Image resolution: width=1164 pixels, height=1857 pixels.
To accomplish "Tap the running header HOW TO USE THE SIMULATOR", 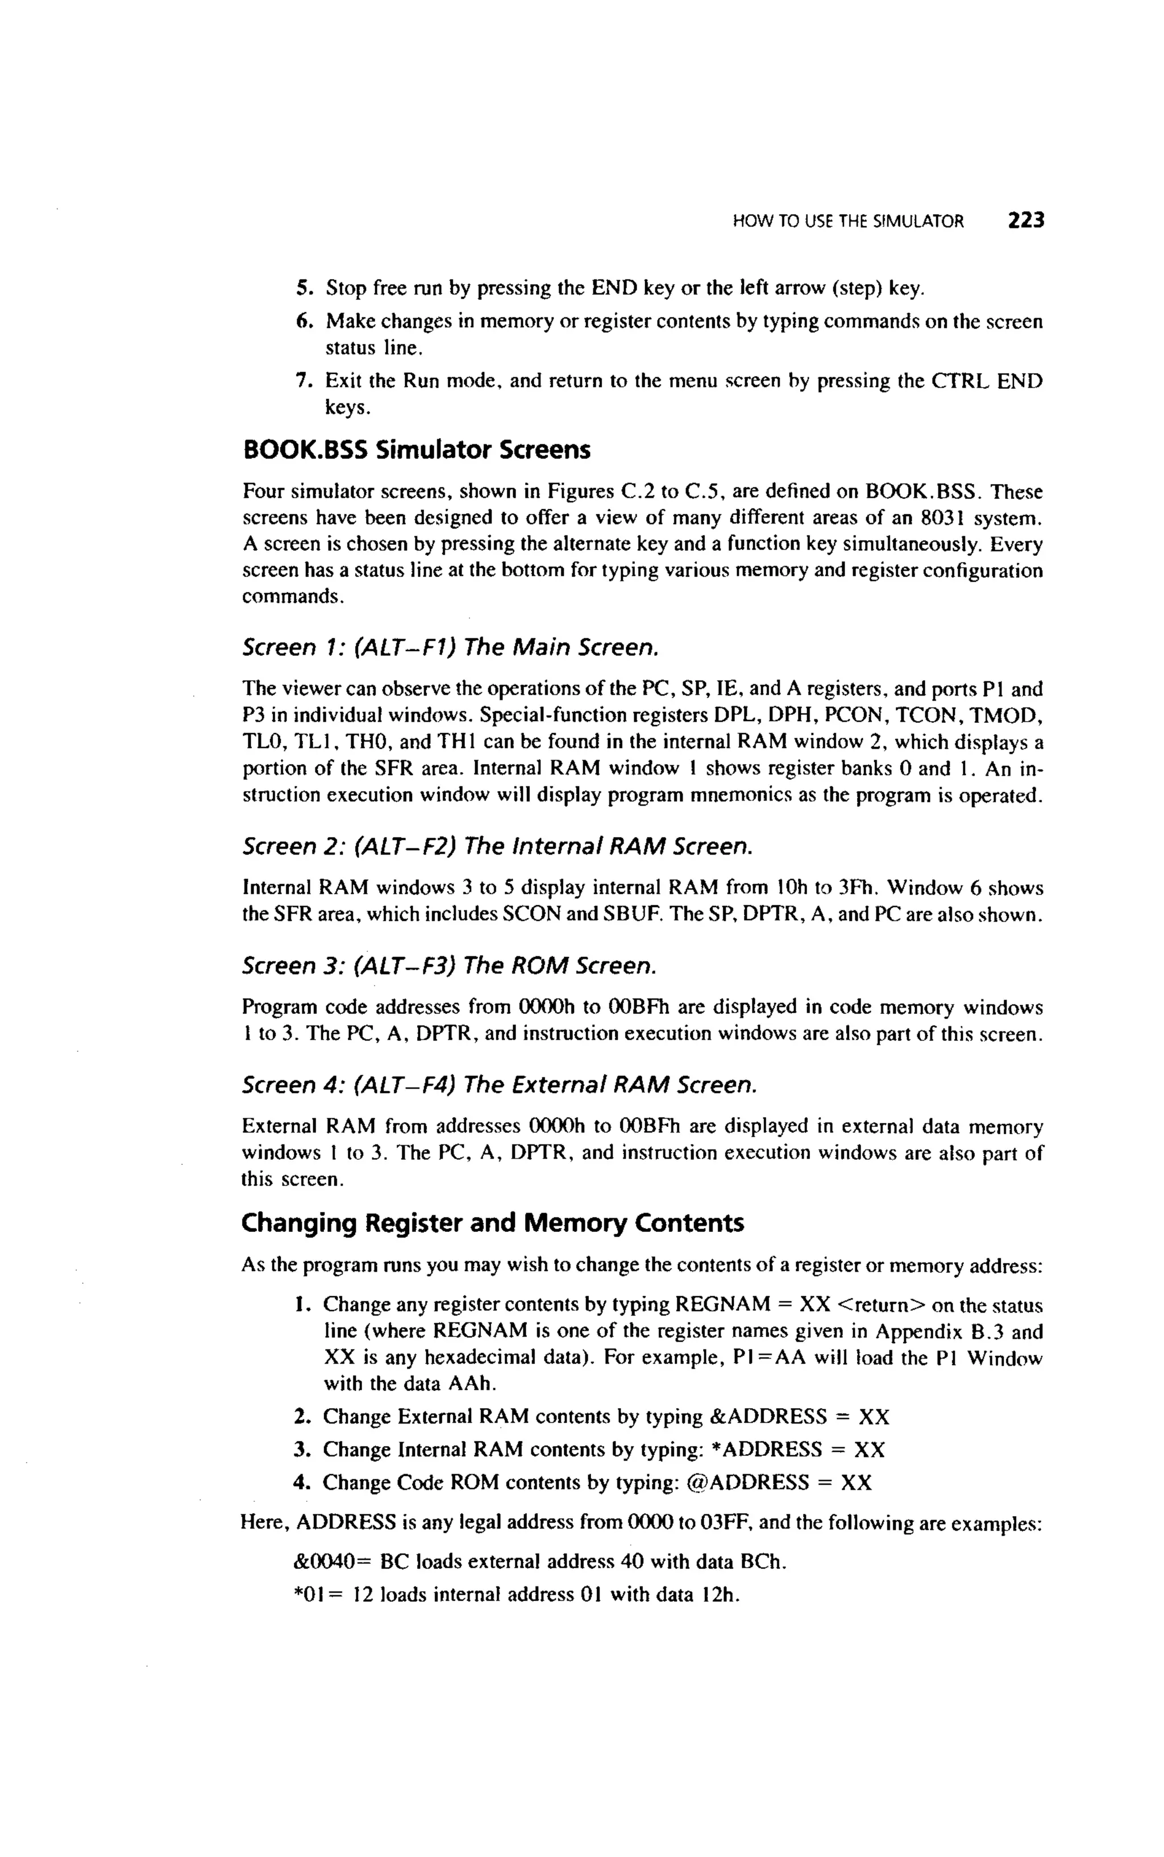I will click(847, 222).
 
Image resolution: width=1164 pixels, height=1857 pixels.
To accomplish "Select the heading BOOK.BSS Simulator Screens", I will click(417, 450).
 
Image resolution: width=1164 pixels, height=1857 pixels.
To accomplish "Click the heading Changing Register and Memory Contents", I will click(492, 1223).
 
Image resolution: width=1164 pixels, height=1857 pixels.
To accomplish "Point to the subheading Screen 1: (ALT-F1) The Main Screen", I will click(450, 647).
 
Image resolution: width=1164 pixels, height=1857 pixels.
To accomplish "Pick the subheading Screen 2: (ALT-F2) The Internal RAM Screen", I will click(497, 847).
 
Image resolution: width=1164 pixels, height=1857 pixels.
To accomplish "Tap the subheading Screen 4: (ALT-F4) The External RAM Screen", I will click(500, 1085).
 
